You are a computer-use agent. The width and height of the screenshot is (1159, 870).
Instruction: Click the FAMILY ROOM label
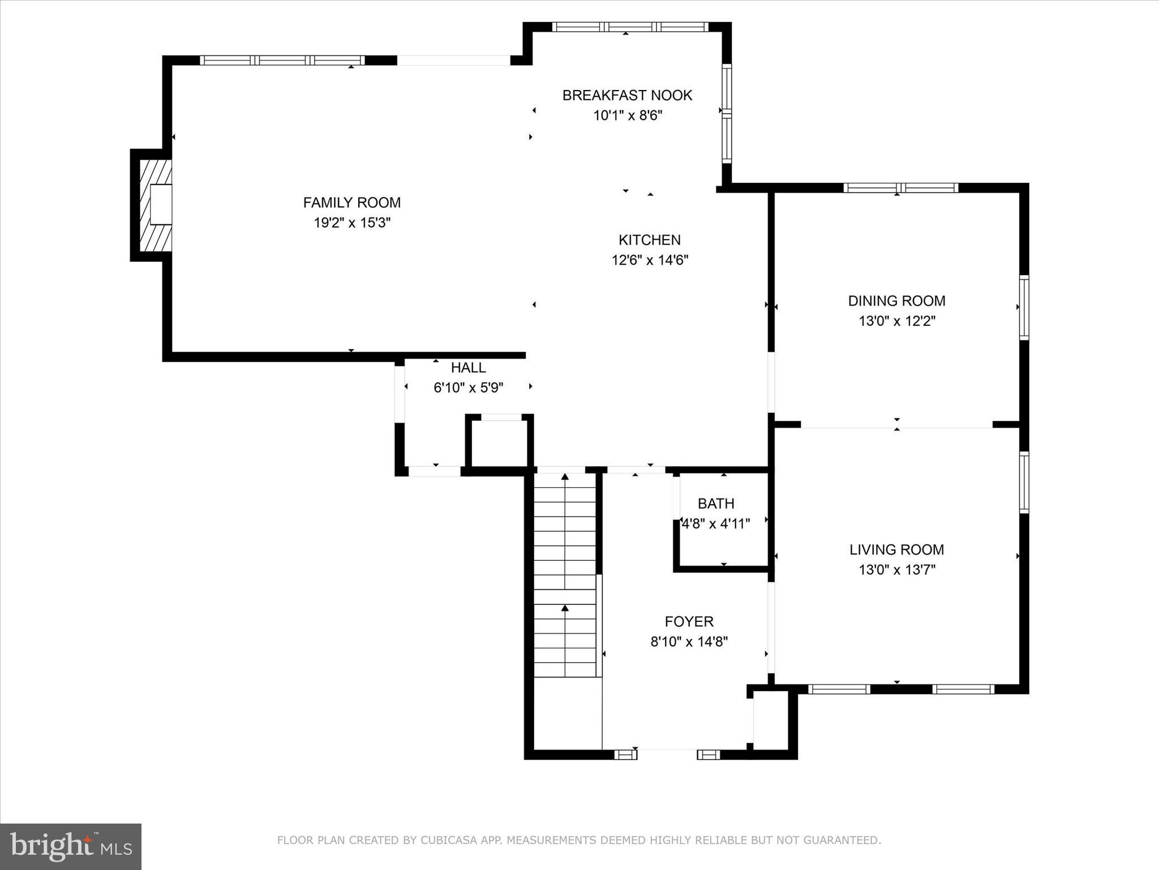[351, 202]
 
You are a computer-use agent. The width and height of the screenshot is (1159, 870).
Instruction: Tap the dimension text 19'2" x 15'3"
[352, 223]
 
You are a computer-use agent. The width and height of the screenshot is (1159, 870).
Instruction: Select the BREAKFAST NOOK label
[627, 95]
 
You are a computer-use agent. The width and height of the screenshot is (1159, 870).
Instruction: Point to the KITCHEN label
[649, 240]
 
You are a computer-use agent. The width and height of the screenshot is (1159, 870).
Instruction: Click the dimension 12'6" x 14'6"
[649, 260]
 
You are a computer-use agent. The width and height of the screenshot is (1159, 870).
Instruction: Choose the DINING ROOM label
[896, 301]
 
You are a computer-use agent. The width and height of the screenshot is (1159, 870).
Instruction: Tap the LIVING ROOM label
[896, 549]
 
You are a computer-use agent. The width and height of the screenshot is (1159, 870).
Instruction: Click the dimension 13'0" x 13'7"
[896, 570]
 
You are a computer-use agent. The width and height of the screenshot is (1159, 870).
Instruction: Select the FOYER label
[689, 621]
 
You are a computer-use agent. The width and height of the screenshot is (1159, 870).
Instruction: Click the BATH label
[716, 504]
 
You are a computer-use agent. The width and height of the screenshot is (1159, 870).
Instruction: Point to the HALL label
[468, 368]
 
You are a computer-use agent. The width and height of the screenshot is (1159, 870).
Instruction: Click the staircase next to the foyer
[565, 575]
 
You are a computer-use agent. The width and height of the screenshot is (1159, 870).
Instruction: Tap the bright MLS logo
[71, 846]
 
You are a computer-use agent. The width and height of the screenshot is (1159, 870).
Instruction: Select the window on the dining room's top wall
[900, 188]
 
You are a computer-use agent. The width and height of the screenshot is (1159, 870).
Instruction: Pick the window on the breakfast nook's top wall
[630, 27]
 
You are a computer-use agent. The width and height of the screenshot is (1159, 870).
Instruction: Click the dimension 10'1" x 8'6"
[627, 116]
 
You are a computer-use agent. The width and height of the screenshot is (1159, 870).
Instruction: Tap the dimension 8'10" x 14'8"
[689, 642]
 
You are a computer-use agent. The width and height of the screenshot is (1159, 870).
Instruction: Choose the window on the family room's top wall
[282, 61]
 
